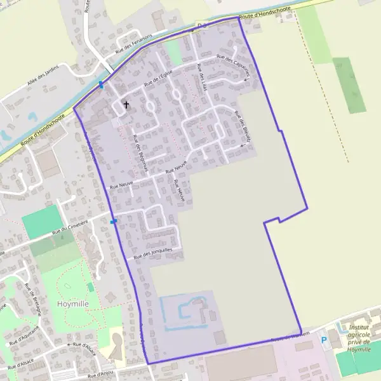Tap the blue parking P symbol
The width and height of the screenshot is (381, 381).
324,340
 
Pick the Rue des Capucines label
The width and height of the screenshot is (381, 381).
233,65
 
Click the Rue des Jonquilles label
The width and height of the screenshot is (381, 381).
152,254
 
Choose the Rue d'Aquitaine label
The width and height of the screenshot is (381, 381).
25,335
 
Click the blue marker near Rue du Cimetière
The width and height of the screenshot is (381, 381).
114,222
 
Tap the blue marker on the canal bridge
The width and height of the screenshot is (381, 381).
101,85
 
